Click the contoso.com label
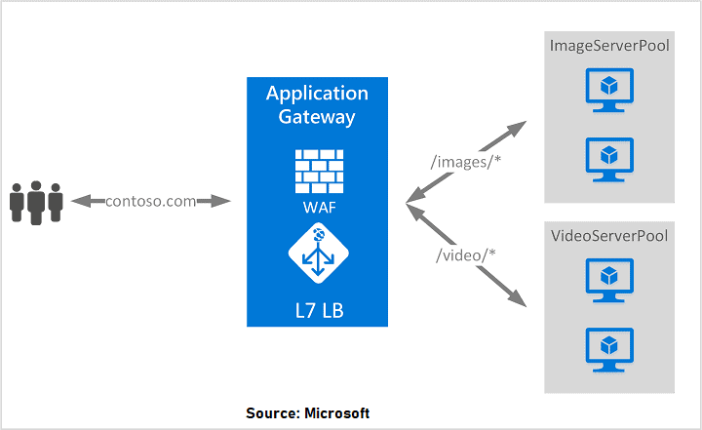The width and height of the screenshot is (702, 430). [151, 201]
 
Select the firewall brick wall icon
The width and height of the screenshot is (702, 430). [317, 170]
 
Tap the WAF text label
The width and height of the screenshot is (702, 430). [317, 207]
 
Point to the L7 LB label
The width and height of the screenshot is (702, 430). [317, 310]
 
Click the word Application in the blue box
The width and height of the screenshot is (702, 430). [317, 95]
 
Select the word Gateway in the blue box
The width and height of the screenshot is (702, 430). [317, 117]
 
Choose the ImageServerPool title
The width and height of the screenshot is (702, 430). [609, 46]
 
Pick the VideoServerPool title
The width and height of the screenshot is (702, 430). [609, 236]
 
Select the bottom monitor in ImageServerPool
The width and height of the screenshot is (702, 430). [609, 158]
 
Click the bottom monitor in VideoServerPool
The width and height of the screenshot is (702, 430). [609, 347]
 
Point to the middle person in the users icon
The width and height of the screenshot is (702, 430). [36, 201]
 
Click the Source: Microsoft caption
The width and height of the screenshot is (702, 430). [307, 413]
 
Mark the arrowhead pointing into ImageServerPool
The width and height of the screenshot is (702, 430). [519, 127]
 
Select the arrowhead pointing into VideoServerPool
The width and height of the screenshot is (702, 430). [518, 300]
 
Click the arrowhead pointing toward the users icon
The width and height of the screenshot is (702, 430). [78, 201]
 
